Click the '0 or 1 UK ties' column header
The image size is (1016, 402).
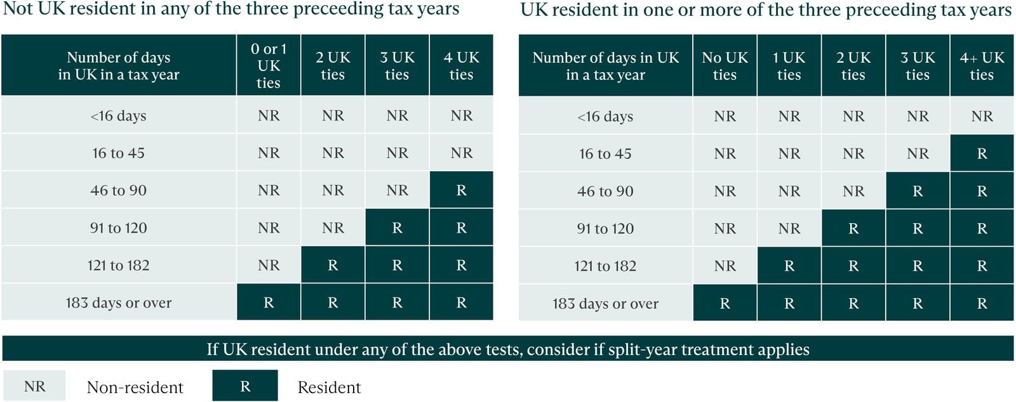coord(269,65)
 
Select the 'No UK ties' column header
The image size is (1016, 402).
coord(725,66)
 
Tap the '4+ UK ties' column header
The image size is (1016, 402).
coord(982,66)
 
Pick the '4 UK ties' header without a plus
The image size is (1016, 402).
coord(461,66)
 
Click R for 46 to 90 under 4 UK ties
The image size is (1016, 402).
coord(461,190)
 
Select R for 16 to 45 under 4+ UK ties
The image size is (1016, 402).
coord(982,153)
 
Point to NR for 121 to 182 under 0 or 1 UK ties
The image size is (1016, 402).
coord(269,265)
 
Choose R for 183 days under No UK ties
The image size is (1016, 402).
coord(725,304)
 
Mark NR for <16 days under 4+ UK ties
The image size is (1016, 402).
coord(982,116)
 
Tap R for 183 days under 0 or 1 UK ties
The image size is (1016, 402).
coord(269,302)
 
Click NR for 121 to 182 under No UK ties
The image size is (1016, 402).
coord(725,266)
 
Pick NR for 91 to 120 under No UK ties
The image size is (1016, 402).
coord(725,228)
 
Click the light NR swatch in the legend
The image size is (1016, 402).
coord(34,386)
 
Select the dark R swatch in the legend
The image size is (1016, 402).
coord(245,386)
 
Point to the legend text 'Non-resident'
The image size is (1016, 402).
coord(135,387)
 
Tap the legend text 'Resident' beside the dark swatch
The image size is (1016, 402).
coord(329,387)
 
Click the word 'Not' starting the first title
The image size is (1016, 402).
coord(18,9)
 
